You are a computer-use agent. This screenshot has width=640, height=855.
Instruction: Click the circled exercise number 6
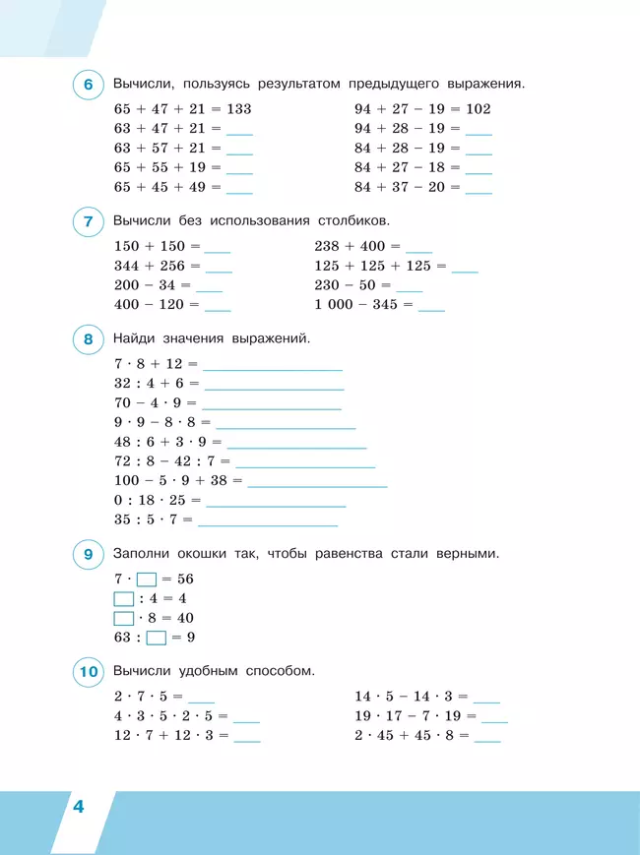pos(89,86)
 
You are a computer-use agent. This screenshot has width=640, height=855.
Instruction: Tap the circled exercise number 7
pos(89,222)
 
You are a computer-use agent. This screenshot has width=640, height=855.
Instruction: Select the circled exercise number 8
pos(89,340)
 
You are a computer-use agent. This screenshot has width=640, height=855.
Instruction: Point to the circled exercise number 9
pos(89,556)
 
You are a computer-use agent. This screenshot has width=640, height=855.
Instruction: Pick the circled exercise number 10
pos(89,673)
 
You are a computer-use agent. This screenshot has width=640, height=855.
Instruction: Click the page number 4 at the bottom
pos(78,809)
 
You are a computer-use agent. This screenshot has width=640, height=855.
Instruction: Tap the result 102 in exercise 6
pos(479,109)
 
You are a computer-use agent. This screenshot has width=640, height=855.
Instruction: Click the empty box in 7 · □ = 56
pos(147,580)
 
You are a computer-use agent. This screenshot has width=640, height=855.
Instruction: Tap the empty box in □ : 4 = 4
pos(124,598)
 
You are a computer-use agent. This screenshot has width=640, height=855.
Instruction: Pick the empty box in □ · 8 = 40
pos(124,618)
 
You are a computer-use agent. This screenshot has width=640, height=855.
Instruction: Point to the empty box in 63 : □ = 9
pos(156,638)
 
